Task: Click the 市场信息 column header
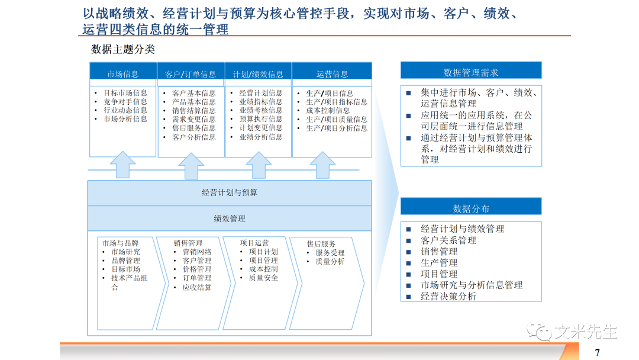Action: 123,74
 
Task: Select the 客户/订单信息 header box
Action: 191,74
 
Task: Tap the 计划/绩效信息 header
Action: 258,74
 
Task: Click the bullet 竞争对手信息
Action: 125,102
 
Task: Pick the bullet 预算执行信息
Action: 261,119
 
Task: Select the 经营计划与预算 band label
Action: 230,192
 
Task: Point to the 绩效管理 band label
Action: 230,218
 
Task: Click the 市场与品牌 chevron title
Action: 120,243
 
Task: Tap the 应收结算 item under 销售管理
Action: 197,287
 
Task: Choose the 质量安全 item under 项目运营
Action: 263,278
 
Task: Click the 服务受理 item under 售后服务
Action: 330,253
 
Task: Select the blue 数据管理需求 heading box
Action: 471,72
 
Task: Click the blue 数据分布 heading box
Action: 471,208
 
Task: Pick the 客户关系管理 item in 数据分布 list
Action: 448,240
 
